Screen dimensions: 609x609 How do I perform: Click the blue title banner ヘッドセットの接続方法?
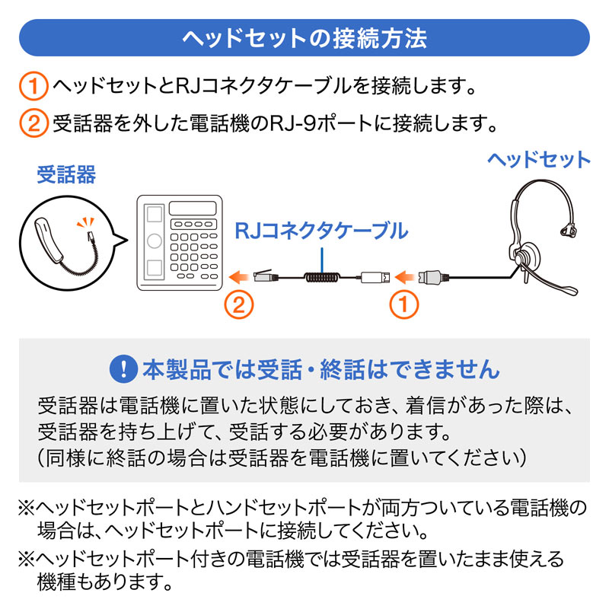304,38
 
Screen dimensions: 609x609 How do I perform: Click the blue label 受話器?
66,177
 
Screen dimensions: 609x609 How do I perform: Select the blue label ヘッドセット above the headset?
538,160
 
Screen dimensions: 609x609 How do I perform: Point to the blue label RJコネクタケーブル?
320,230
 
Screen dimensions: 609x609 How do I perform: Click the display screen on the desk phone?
193,208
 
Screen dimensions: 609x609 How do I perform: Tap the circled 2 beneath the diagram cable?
238,306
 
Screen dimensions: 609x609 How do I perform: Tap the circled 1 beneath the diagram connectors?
404,306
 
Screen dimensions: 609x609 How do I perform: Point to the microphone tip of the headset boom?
570,290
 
